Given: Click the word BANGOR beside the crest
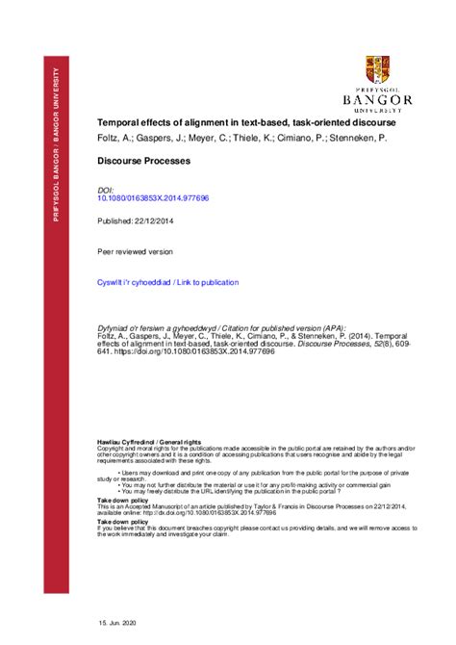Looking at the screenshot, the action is pos(377,99).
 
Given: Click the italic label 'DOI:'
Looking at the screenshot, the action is pos(107,191).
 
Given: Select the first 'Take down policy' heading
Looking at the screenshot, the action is pos(123,501).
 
